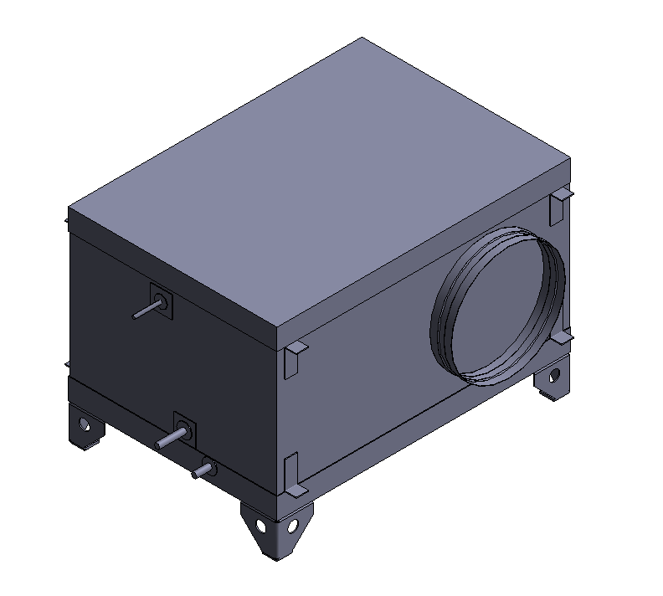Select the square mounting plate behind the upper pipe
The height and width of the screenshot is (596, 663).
(162, 300)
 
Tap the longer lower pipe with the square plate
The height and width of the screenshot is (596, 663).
(170, 439)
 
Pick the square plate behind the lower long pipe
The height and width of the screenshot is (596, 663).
(185, 428)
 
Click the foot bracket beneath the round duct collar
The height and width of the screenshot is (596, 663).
(552, 381)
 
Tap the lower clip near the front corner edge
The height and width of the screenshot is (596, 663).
(292, 473)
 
